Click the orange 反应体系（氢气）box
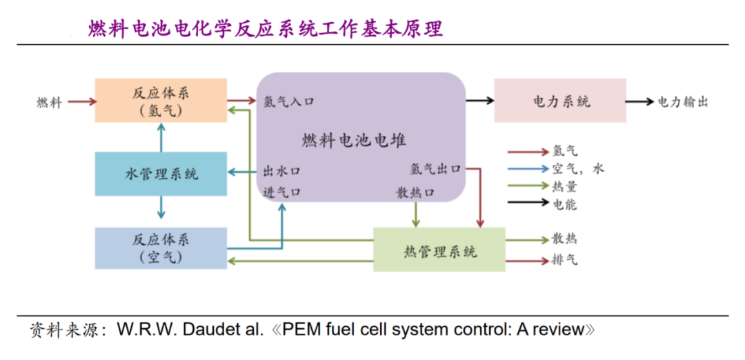(161, 101)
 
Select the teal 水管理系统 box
(161, 174)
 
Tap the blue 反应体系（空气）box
(161, 248)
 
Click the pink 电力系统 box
(560, 101)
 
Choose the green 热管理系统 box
(439, 250)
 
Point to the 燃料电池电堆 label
(354, 141)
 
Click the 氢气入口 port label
(289, 101)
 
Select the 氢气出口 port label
(435, 168)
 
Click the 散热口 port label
(415, 192)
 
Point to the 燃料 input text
(49, 103)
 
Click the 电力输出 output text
(682, 101)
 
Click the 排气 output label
(564, 260)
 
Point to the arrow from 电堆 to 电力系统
(480, 101)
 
